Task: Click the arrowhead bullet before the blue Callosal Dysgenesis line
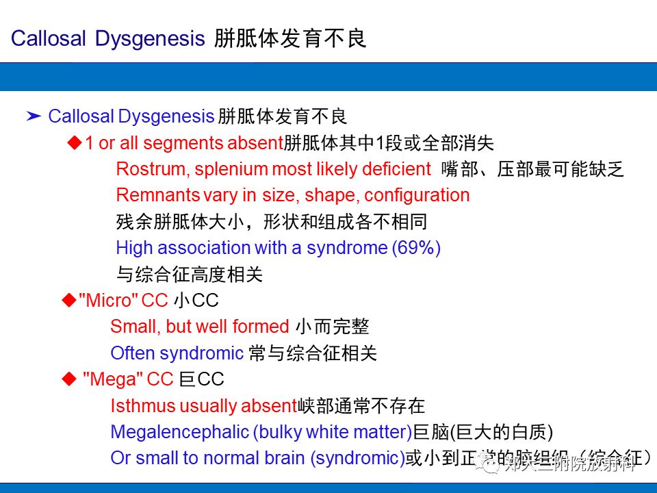(x=34, y=116)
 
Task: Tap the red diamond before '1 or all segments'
(x=75, y=142)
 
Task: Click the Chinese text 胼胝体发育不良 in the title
(x=290, y=38)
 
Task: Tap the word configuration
(x=417, y=195)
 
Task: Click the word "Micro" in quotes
(x=109, y=300)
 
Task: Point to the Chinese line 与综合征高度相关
(x=190, y=275)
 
